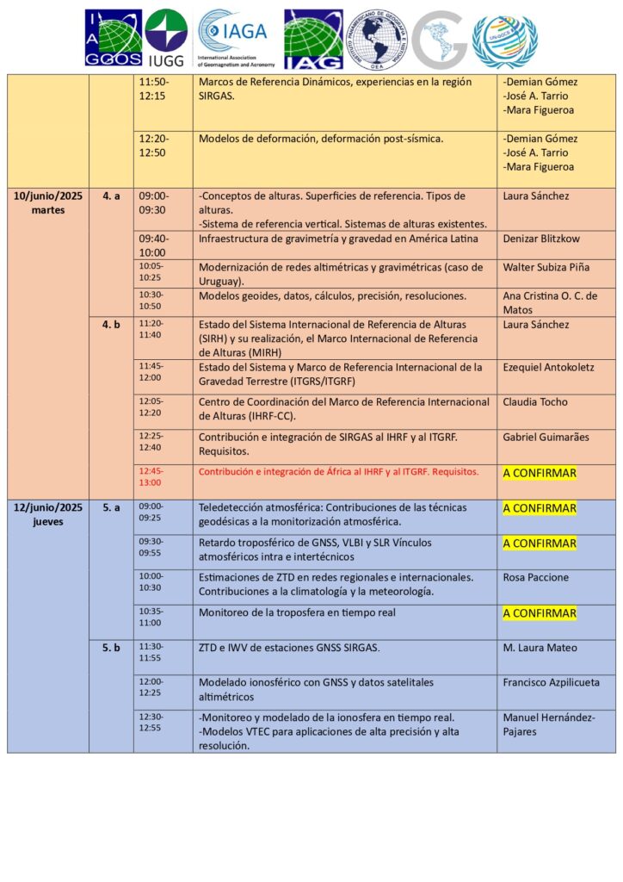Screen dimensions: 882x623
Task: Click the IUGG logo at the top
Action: point(166,38)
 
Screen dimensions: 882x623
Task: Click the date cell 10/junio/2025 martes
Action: point(48,202)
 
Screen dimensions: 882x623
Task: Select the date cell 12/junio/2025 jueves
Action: point(48,514)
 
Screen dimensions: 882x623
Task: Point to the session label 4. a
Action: point(111,196)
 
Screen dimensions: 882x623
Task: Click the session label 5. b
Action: point(111,648)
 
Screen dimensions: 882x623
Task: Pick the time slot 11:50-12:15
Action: point(155,88)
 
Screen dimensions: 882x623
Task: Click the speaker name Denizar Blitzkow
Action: point(546,239)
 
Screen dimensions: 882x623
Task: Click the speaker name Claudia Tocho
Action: point(535,402)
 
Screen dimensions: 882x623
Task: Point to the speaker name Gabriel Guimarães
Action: point(546,438)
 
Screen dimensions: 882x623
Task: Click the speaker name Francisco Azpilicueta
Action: point(555,682)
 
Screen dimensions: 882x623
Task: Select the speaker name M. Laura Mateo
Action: point(540,648)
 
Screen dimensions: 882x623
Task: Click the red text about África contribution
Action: point(338,472)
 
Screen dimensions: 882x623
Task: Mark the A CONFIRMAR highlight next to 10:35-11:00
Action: point(540,613)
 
